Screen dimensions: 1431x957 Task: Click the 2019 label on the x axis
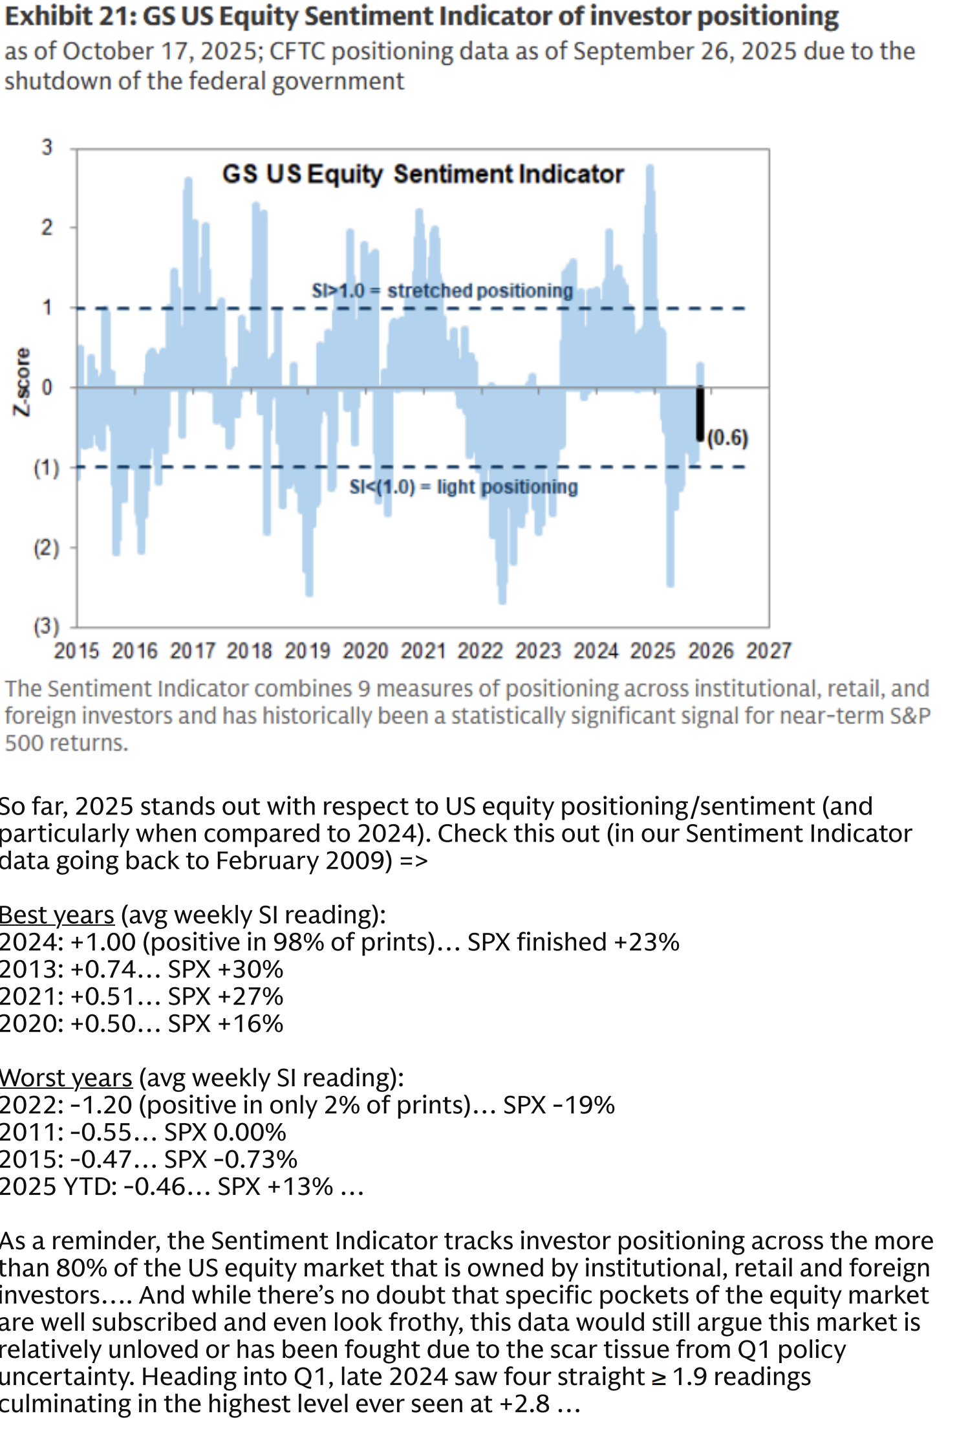tap(307, 650)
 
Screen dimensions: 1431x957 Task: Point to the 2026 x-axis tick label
tap(711, 650)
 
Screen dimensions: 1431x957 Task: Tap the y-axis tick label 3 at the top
tap(47, 147)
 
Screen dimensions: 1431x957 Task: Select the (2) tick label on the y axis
tap(47, 548)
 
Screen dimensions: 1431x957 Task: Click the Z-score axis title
tap(23, 382)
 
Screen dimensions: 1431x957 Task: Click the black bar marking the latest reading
tap(700, 414)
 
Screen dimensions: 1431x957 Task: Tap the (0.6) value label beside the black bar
tap(727, 438)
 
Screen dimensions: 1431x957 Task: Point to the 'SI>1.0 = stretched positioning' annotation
tap(442, 290)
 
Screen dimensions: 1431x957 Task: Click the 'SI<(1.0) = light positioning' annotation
tap(463, 486)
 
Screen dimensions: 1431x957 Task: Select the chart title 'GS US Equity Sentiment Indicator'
tap(423, 175)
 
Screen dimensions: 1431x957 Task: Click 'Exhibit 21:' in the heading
tap(70, 16)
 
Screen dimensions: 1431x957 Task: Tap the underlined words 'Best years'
tap(57, 915)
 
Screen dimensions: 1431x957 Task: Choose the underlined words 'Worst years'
tap(66, 1078)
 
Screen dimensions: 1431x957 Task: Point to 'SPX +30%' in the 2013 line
tap(226, 969)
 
